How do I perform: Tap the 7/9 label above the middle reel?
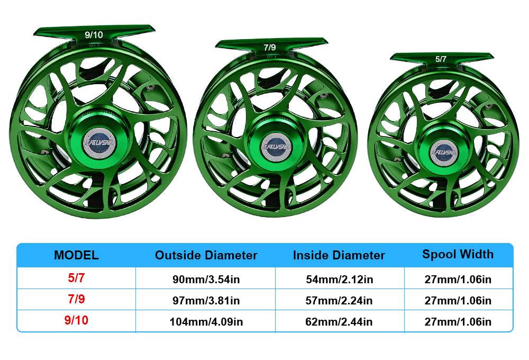pos(269,48)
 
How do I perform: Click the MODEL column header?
pos(76,255)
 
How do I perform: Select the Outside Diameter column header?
pos(206,255)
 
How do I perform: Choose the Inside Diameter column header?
pos(339,255)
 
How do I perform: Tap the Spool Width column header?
pos(458,254)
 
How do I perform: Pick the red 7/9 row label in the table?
pos(76,300)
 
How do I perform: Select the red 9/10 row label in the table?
pos(76,321)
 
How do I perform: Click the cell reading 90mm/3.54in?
pos(206,280)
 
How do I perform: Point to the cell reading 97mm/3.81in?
pos(206,301)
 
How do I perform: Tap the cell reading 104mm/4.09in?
pos(206,322)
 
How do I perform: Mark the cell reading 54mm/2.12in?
pos(339,280)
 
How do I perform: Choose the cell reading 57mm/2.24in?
pos(339,301)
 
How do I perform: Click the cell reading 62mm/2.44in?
pos(339,322)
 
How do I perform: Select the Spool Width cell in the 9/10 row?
pos(458,322)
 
